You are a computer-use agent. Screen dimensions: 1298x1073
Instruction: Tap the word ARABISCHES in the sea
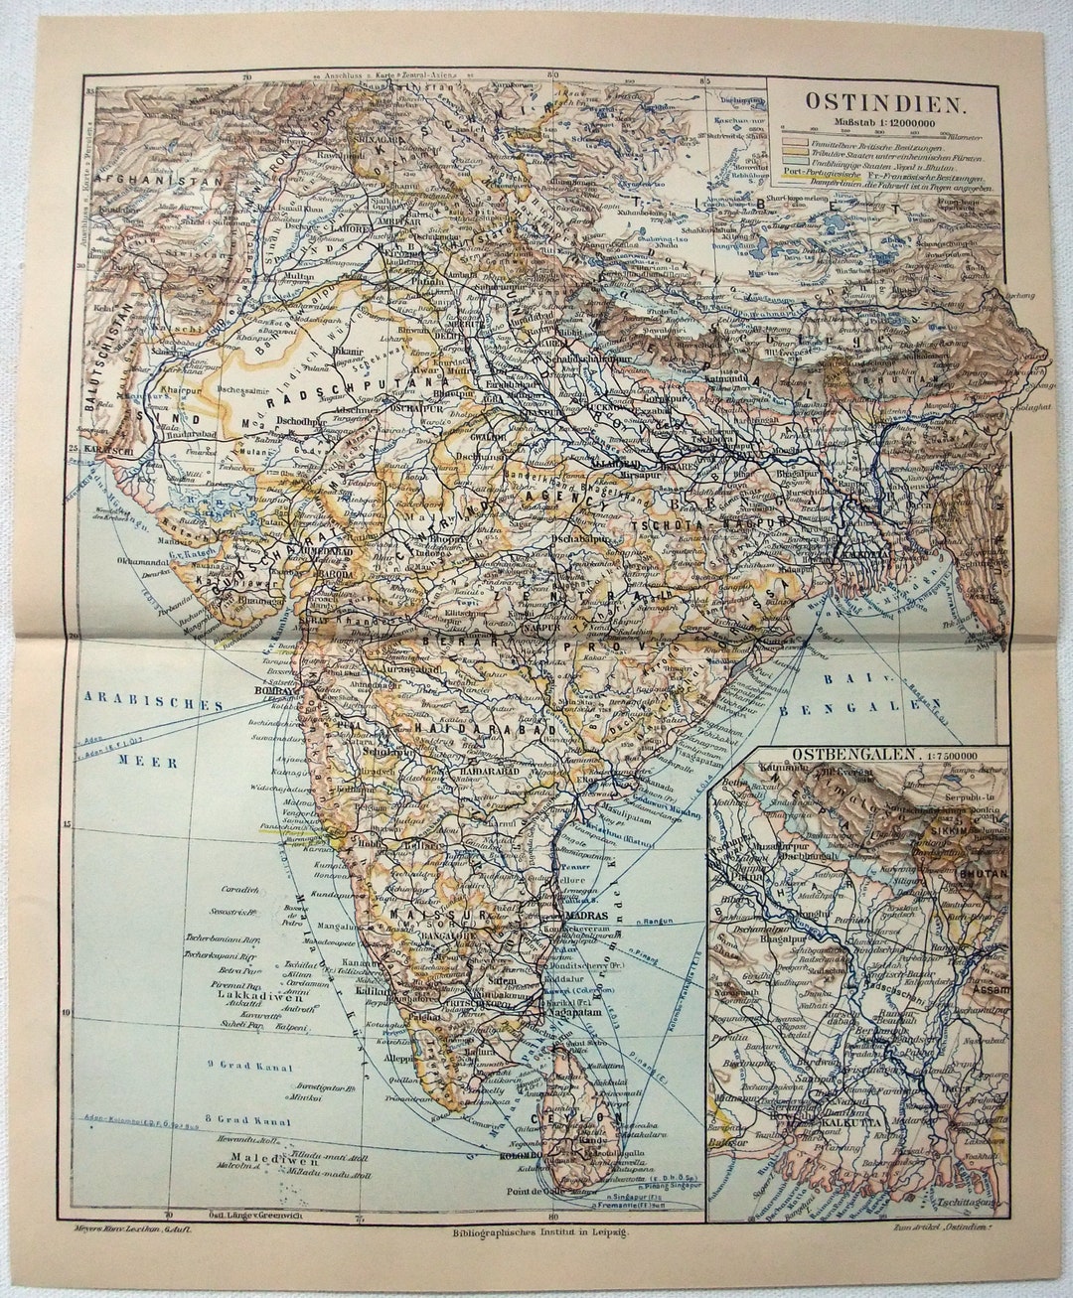152,703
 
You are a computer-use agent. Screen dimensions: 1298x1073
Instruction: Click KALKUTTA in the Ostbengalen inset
853,1139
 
